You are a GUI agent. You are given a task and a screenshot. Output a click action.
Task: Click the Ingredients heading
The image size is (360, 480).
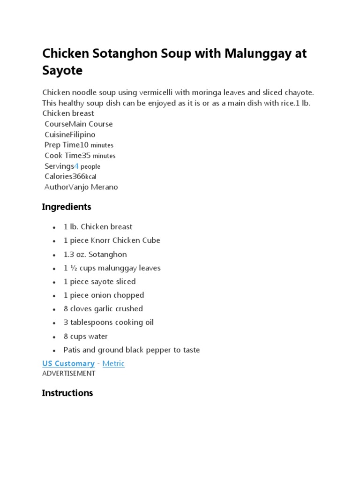[x=67, y=207]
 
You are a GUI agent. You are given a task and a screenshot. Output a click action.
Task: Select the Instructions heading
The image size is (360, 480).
[x=67, y=393]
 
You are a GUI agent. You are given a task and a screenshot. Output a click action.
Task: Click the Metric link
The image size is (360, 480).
[x=113, y=363]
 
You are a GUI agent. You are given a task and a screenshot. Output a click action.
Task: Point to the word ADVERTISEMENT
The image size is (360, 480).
[x=68, y=374]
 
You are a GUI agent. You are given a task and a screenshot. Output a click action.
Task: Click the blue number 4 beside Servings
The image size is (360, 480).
[x=76, y=166]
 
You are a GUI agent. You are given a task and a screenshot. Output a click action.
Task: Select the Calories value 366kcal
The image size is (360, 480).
[x=84, y=177]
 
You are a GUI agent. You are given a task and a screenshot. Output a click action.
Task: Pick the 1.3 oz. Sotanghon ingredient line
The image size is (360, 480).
[x=95, y=254]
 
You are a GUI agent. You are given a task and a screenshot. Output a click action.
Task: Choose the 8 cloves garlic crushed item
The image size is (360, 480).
[x=103, y=309]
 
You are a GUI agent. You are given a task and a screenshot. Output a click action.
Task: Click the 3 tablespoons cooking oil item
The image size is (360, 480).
[x=109, y=322]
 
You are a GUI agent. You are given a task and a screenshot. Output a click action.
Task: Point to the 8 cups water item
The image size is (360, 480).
[x=86, y=336]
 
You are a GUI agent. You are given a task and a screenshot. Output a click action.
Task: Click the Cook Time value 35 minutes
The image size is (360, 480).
[x=98, y=156]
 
